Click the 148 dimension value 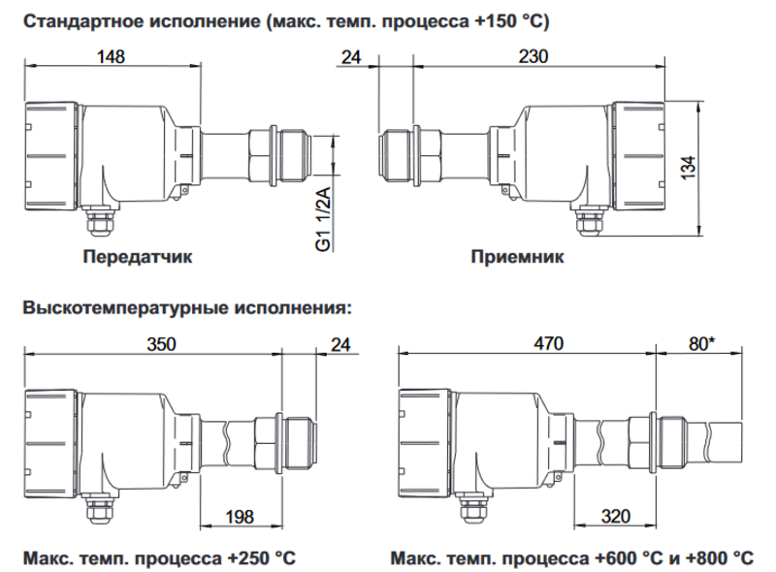click(x=111, y=56)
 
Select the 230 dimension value click(x=533, y=56)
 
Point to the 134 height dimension click(x=688, y=168)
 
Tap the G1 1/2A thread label click(x=323, y=218)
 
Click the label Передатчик click(x=138, y=257)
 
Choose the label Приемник click(x=517, y=257)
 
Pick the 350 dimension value click(x=161, y=344)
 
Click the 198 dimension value click(x=240, y=517)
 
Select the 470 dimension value click(x=548, y=343)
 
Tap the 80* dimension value click(x=701, y=343)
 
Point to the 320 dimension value click(x=616, y=517)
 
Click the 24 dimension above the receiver click(x=351, y=57)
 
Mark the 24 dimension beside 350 click(x=340, y=344)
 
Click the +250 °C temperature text click(x=261, y=558)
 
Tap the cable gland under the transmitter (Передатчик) click(x=99, y=221)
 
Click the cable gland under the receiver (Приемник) click(x=590, y=221)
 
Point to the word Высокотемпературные click(x=126, y=307)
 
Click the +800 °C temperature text click(x=720, y=558)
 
